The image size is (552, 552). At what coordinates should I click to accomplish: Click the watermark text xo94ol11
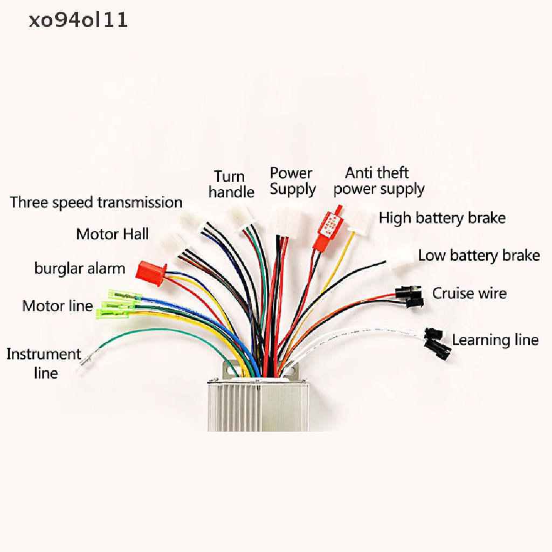pos(78,20)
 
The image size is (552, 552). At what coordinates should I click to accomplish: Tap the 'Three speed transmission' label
pos(96,203)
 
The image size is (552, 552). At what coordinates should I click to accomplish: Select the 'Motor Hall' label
pos(112,234)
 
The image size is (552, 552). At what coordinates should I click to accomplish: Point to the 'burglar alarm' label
pos(80,268)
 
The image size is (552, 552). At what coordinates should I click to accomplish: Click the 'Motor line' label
pos(57,306)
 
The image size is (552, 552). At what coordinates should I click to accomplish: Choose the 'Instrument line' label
pos(44,363)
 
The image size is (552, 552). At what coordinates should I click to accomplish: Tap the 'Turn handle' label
pos(231,184)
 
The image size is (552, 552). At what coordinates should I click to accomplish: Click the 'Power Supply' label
pos(293,181)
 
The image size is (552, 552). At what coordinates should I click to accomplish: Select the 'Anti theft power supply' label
pos(379,181)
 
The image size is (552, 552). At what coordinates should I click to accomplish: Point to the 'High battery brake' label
pos(442,218)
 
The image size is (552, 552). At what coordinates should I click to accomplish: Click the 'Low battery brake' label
pos(479,256)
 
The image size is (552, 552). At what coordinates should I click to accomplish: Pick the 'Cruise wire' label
pos(470,293)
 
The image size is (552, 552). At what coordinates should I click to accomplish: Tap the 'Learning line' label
pos(495,340)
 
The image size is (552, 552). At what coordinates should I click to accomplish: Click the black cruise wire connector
pos(409,296)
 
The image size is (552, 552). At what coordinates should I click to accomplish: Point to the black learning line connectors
pos(437,343)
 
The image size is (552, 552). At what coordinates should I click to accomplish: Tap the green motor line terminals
pos(119,303)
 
